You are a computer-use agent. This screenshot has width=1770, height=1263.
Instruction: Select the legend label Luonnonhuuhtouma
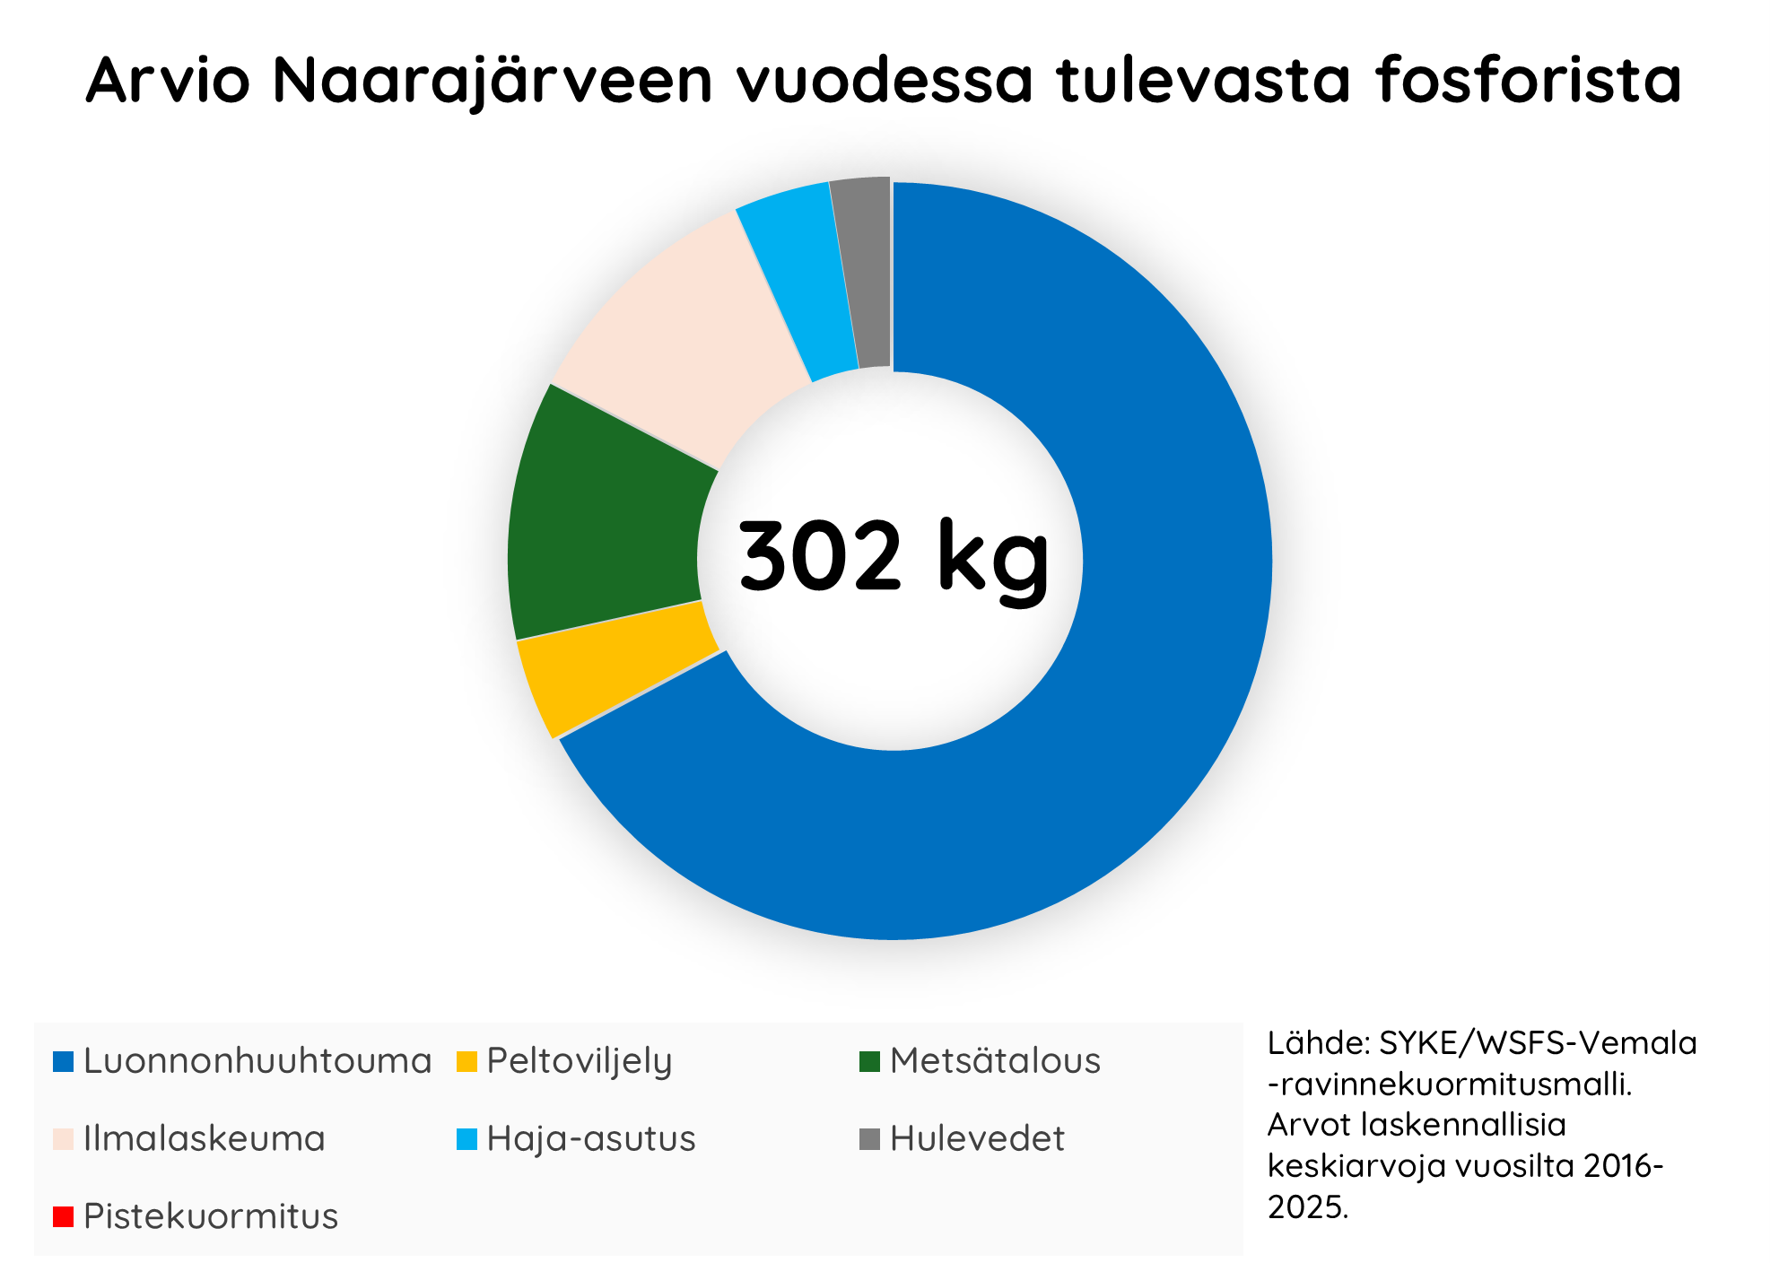click(257, 1060)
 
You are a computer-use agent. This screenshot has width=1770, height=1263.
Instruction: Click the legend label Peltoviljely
click(580, 1062)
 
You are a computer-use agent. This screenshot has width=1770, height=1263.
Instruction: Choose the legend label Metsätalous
click(995, 1060)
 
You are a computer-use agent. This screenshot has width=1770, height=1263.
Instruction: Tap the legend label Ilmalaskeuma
click(205, 1138)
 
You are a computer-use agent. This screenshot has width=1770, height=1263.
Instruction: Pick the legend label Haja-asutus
click(591, 1139)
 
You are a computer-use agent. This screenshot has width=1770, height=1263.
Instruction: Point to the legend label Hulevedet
click(977, 1138)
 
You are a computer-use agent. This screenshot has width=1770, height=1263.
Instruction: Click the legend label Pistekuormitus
click(211, 1216)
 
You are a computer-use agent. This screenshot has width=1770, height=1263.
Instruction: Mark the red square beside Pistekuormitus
click(63, 1217)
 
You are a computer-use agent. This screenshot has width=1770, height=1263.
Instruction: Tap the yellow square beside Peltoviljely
click(466, 1061)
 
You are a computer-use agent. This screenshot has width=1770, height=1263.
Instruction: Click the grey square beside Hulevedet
click(870, 1139)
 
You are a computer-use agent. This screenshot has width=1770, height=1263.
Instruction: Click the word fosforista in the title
click(1529, 79)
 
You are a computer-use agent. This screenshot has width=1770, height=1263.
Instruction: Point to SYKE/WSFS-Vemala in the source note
click(1538, 1043)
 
